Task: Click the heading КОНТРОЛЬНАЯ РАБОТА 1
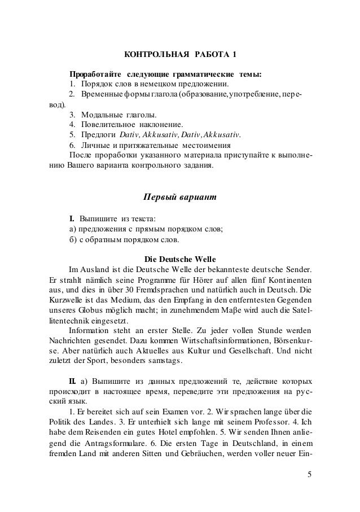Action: tap(180, 54)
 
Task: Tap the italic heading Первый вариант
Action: tap(179, 198)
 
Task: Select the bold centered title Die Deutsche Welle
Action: tap(179, 259)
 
